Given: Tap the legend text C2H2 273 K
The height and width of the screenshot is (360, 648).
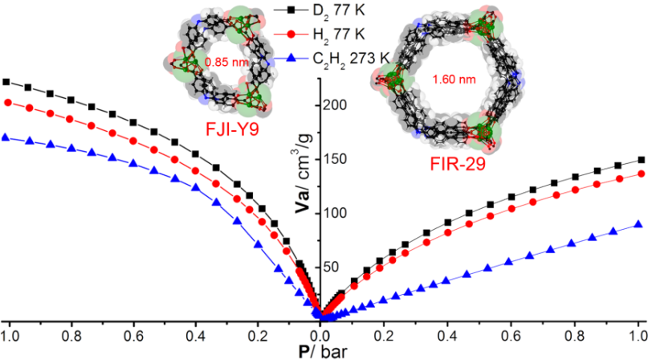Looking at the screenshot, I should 329,58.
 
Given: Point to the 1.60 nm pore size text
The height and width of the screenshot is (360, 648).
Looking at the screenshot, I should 448,80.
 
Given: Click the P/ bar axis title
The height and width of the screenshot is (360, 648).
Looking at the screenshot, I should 321,350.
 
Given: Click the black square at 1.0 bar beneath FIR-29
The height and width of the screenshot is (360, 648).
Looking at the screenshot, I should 640,160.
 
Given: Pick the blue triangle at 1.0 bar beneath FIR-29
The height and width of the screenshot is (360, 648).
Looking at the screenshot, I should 639,224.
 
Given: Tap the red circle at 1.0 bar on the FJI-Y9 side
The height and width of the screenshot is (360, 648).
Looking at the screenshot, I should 8,102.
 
